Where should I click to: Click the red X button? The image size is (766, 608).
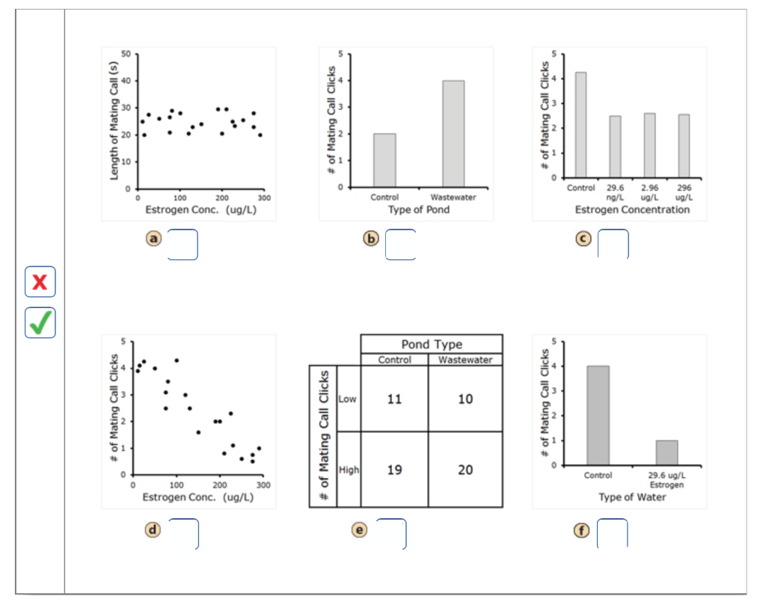pyautogui.click(x=40, y=282)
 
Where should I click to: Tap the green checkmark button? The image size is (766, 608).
pyautogui.click(x=40, y=322)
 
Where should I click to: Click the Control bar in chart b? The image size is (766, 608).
pyautogui.click(x=384, y=160)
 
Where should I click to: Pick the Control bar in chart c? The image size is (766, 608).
pyautogui.click(x=580, y=126)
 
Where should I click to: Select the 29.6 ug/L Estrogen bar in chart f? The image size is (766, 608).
pyautogui.click(x=667, y=452)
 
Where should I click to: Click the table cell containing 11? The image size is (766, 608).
pyautogui.click(x=394, y=399)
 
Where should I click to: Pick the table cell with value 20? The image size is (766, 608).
pyautogui.click(x=465, y=470)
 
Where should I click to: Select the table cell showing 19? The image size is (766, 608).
pyautogui.click(x=394, y=470)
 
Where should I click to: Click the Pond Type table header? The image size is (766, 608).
pyautogui.click(x=432, y=344)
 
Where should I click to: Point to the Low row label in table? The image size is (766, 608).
pyautogui.click(x=348, y=399)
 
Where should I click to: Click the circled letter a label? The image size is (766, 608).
pyautogui.click(x=153, y=239)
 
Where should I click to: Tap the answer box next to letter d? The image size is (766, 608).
pyautogui.click(x=183, y=534)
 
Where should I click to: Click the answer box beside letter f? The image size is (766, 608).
pyautogui.click(x=612, y=533)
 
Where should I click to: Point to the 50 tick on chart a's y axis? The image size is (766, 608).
pyautogui.click(x=126, y=54)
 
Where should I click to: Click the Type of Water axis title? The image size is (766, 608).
pyautogui.click(x=631, y=497)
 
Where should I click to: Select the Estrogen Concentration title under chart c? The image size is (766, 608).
pyautogui.click(x=631, y=210)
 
